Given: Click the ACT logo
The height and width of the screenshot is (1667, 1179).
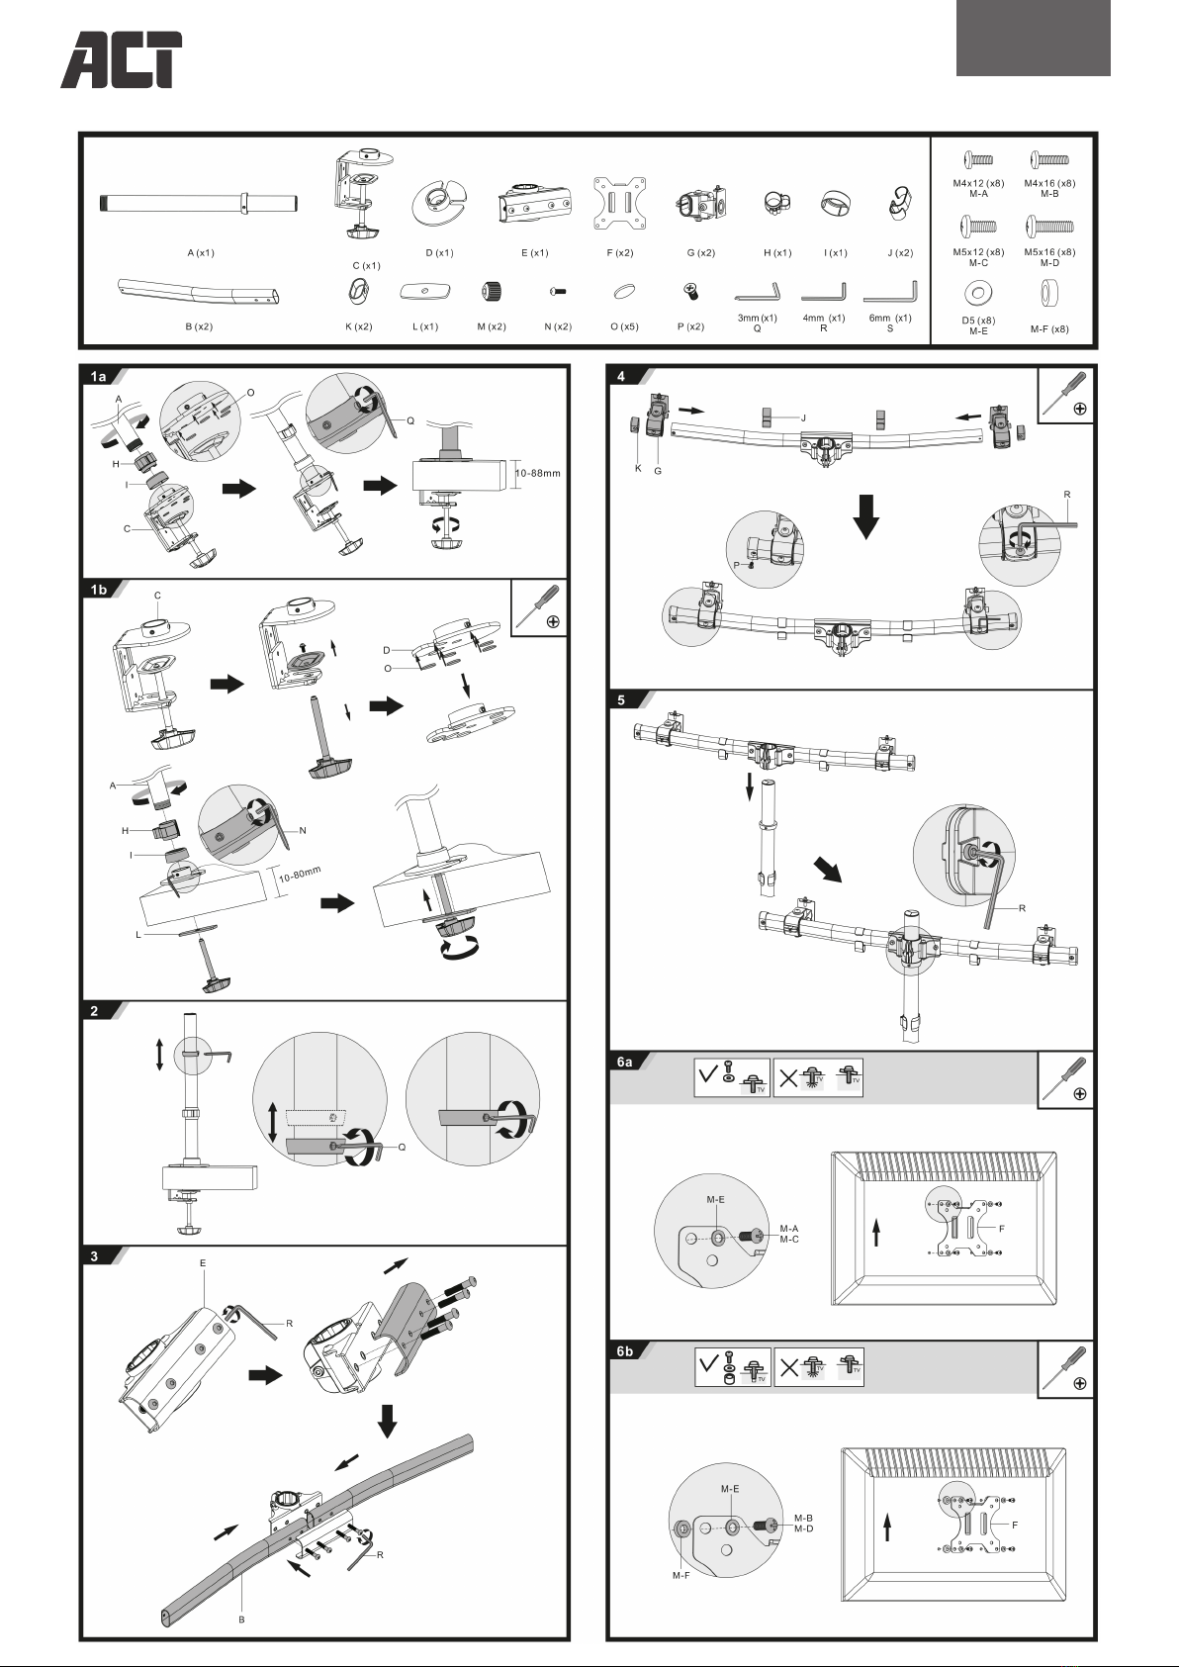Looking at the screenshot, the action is point(122,59).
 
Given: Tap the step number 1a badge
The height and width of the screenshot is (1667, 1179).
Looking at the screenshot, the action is point(98,377).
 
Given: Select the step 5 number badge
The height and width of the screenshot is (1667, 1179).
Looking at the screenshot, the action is point(622,699).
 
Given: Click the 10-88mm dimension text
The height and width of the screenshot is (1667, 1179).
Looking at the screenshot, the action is point(537,473).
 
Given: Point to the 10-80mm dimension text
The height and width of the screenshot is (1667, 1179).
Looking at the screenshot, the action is point(300,874).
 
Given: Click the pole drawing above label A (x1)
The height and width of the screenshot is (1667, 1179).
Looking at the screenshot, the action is point(199,203).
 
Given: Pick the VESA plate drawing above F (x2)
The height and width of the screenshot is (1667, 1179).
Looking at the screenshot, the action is point(619,203).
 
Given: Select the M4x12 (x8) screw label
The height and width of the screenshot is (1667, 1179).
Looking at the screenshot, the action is point(978,183).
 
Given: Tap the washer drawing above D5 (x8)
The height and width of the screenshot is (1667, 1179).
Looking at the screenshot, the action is point(977,293).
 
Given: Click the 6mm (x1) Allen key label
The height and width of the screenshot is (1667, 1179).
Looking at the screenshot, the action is point(890,318).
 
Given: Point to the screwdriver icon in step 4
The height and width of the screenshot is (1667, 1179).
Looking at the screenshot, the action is point(1066,395).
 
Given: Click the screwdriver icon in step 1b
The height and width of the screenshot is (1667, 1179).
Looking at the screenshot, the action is point(539,608).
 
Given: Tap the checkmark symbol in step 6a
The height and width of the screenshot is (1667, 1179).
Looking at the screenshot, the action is point(708,1074).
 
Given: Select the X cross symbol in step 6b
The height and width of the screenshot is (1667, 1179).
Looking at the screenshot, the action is point(788,1366).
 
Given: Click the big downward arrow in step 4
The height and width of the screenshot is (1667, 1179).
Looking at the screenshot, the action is point(866,516).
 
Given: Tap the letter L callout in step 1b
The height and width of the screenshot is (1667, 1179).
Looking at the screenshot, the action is point(138,935).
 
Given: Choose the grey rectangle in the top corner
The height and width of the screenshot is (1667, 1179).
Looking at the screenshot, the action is point(1034,38).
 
